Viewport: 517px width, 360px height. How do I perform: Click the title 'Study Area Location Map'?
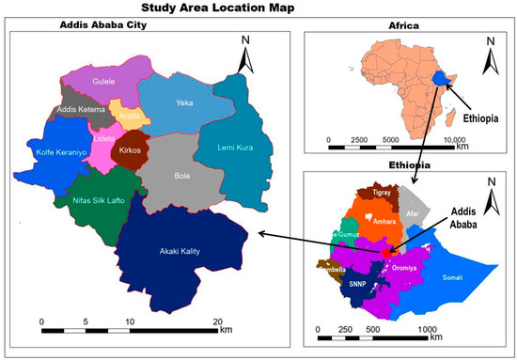(x=258, y=9)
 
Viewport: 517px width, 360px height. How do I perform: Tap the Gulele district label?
(x=103, y=82)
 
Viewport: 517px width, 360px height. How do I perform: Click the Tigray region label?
(x=381, y=193)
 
